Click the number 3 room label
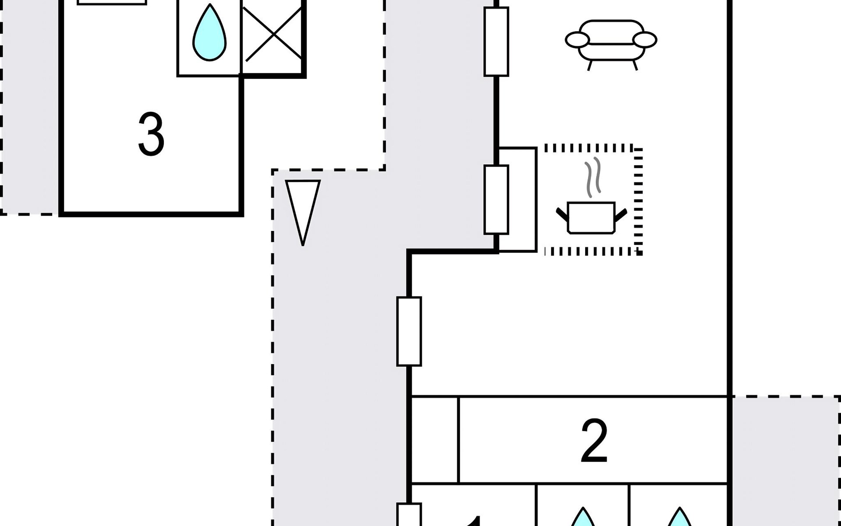coord(151,134)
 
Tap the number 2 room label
coord(594,441)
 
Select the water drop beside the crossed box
coord(210,33)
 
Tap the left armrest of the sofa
coord(577,40)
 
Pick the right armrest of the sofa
coord(644,40)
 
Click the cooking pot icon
coord(591,217)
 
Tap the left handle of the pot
coord(562,214)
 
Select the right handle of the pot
coord(621,214)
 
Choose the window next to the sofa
coord(496,42)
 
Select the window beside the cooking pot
coord(496,199)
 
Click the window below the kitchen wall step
coord(409,331)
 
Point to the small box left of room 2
coord(435,440)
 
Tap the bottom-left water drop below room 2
coord(583,517)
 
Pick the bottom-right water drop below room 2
coord(679,517)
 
